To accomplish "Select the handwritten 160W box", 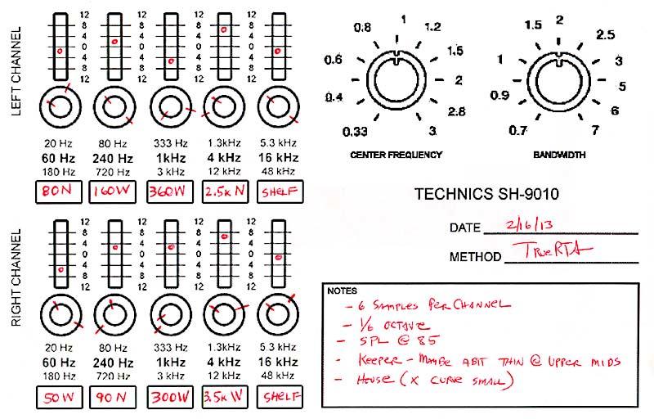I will (114, 191).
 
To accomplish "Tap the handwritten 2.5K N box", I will (224, 191).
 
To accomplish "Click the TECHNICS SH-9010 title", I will (490, 195).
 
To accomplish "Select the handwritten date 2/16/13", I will (526, 223).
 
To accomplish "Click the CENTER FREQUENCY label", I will (396, 154).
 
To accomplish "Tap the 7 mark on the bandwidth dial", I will (596, 130).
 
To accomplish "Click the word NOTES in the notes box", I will (341, 291).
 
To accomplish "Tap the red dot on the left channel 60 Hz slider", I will (60, 51).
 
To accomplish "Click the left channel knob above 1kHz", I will (170, 106).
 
